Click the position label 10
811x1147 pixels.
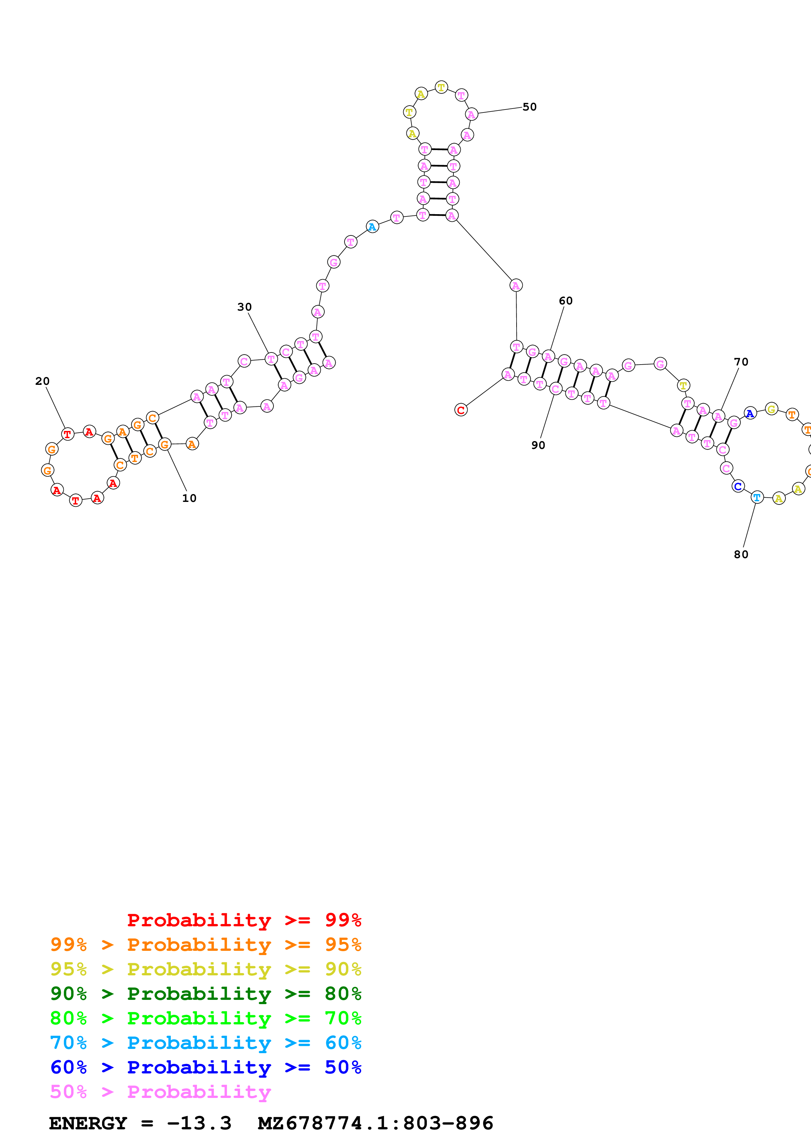[189, 498]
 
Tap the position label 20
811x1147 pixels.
[43, 381]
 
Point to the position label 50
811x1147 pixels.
[529, 107]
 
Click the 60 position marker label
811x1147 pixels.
[566, 301]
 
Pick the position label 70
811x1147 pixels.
[741, 362]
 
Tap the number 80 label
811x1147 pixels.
[741, 555]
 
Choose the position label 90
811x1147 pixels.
[538, 445]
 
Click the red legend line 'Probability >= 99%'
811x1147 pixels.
[244, 920]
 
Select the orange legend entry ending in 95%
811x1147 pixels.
[205, 945]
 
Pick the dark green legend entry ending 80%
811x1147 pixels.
[205, 994]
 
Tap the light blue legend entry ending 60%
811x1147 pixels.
[205, 1043]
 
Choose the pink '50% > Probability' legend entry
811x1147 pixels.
[160, 1091]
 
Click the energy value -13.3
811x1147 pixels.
[199, 1123]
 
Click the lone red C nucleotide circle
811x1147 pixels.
[461, 410]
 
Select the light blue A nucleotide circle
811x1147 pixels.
[372, 227]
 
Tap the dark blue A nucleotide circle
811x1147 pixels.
[749, 413]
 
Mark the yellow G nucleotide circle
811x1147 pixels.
[771, 409]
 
